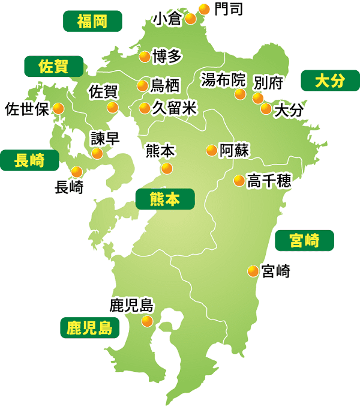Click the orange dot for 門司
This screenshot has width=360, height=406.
(x=204, y=9)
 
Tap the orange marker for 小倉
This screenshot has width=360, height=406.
(x=190, y=18)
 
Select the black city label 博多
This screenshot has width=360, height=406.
(x=167, y=56)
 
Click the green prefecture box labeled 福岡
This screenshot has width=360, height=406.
(x=92, y=22)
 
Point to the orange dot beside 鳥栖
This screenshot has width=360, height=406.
(x=142, y=85)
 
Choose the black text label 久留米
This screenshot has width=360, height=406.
(x=175, y=108)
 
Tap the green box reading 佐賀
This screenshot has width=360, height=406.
(x=53, y=66)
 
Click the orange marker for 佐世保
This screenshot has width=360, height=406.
(x=58, y=109)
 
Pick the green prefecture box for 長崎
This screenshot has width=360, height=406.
(x=29, y=160)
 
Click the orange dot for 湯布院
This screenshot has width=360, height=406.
(x=240, y=94)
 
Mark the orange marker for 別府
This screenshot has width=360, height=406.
(x=258, y=97)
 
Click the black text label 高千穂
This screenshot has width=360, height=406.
(x=269, y=180)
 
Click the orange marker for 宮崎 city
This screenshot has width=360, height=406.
(x=253, y=271)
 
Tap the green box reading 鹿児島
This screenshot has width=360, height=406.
(x=89, y=328)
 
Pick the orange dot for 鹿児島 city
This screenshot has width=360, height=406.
(x=147, y=321)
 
